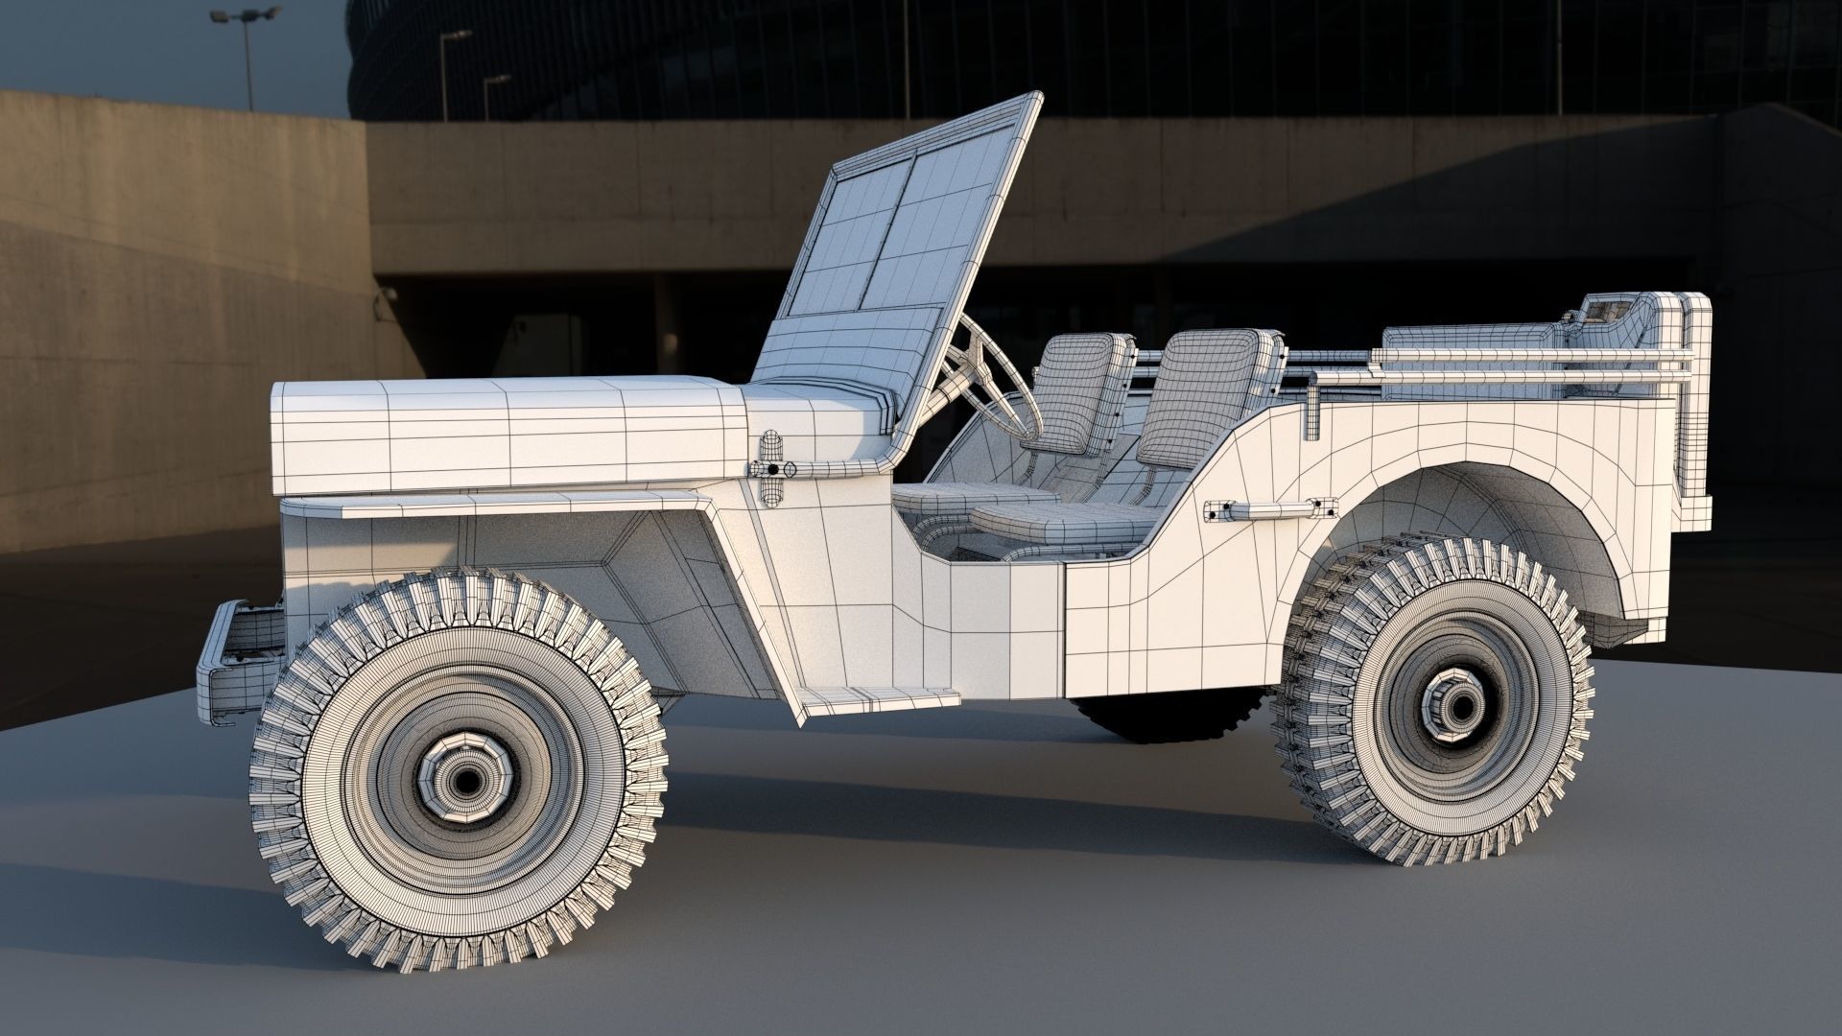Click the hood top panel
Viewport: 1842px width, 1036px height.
tap(499, 403)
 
